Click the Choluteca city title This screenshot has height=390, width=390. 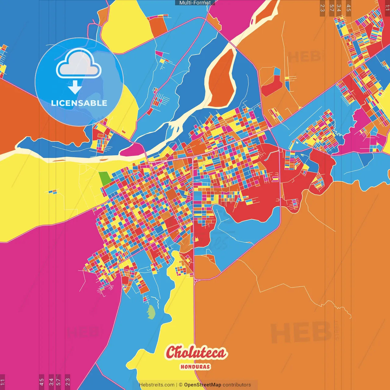[197, 353]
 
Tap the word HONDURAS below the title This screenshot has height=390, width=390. [195, 367]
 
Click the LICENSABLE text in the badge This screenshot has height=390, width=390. [79, 103]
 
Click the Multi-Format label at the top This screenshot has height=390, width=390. [195, 3]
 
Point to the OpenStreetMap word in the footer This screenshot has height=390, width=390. [202, 385]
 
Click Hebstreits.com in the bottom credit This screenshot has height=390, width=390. [157, 385]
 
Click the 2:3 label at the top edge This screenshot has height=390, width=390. [322, 8]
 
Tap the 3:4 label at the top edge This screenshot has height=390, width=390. [339, 8]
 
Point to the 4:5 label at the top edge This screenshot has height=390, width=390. [349, 8]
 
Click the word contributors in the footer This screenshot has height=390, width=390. [237, 385]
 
